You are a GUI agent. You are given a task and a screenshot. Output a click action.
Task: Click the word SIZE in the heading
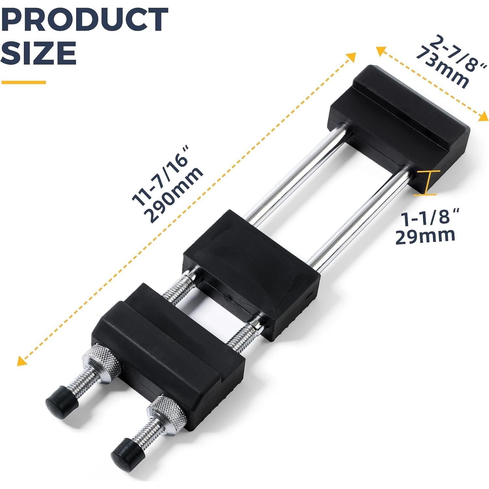39,53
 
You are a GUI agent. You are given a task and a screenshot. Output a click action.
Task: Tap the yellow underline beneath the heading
23,82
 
